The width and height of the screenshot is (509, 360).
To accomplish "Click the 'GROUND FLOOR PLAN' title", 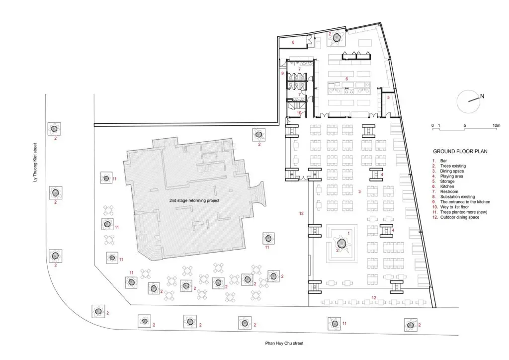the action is coord(460,151).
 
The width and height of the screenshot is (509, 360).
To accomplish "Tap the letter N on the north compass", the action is coord(482,96).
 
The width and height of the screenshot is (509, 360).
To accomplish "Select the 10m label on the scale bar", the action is coord(497,125).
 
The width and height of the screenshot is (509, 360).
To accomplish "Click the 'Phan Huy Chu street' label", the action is coord(284,343).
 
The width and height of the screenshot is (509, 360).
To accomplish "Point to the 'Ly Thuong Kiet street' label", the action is coord(35,163).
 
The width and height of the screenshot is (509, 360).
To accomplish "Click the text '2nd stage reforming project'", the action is coord(194,200).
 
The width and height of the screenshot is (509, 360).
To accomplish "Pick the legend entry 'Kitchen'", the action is coord(447,186).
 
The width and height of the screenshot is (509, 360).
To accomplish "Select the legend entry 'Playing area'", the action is coord(451,176).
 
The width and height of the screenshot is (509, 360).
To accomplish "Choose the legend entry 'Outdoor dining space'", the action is coord(460,217).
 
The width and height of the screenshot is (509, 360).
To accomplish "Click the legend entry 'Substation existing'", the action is coord(457,197).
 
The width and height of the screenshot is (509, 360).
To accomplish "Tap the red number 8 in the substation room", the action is coord(293,42).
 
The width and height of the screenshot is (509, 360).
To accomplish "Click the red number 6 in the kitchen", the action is coord(346,79).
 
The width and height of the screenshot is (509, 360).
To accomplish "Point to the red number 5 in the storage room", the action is coord(388,97).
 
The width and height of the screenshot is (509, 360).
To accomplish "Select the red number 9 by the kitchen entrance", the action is coord(282,74).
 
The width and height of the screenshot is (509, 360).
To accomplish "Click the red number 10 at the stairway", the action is coord(299,113).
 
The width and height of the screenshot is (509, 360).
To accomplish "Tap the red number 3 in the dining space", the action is coord(359,191).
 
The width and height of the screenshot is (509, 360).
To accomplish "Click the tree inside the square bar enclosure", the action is coord(341,243).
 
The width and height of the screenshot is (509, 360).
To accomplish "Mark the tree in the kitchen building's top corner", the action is coord(338,38).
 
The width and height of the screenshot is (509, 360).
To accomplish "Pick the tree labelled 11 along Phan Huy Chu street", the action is coord(334,323).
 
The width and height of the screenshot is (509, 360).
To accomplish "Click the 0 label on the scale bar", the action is coord(432,125).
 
